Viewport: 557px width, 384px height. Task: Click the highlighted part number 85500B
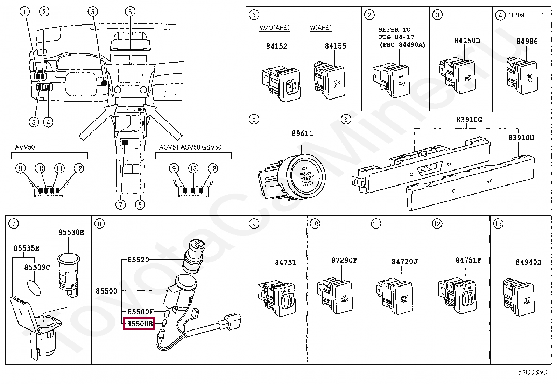(139, 324)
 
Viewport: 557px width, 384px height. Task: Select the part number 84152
(276, 46)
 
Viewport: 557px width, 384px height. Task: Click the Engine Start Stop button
(307, 177)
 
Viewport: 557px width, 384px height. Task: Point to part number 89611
(302, 133)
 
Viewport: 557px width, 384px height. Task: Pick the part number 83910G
(469, 119)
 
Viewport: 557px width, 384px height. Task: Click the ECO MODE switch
(339, 296)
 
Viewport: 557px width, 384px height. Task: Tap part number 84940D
(528, 262)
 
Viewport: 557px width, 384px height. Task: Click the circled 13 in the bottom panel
(498, 224)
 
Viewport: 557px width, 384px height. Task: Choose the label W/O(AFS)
(275, 28)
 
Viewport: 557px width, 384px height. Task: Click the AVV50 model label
(25, 147)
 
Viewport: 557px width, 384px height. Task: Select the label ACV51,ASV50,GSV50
(190, 147)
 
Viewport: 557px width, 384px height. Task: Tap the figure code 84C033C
(532, 372)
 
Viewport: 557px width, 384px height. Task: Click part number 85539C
(37, 267)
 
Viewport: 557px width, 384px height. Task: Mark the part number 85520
(138, 260)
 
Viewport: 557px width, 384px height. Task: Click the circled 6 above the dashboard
(130, 12)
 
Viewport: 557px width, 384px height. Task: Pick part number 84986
(527, 41)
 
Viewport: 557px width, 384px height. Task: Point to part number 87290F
(344, 260)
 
